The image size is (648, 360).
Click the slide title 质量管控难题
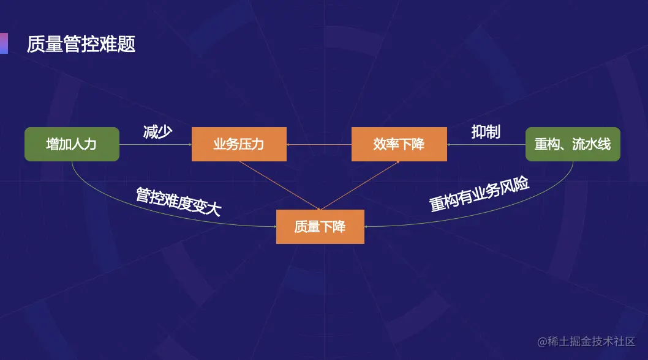click(81, 44)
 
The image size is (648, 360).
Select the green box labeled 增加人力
click(72, 144)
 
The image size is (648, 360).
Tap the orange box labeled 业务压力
click(239, 144)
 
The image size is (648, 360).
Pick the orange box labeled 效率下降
click(399, 144)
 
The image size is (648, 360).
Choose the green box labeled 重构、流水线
click(573, 144)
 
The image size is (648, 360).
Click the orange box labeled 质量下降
click(320, 227)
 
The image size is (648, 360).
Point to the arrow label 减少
click(157, 131)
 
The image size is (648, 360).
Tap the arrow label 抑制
click(486, 131)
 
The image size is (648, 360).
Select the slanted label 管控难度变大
click(178, 201)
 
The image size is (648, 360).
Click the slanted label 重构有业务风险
click(479, 195)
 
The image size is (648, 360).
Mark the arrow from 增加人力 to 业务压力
click(155, 145)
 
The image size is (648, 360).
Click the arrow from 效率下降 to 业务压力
click(318, 145)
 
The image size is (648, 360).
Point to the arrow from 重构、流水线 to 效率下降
click(486, 145)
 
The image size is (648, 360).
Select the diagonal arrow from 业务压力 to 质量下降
click(279, 185)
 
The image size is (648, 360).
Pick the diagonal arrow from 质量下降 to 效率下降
click(360, 185)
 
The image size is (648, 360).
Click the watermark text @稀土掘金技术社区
click(586, 342)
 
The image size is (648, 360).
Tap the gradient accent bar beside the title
click(4, 43)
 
